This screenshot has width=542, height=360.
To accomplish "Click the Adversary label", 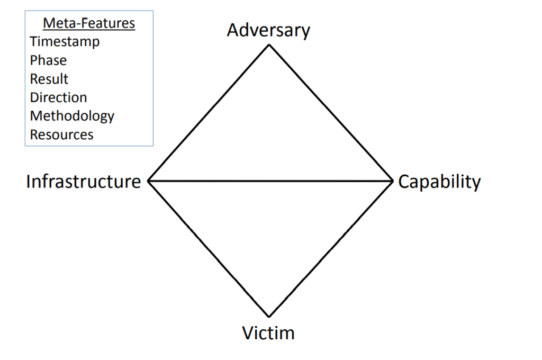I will pos(268,30).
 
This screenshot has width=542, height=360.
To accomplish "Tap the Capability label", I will pos(439,182).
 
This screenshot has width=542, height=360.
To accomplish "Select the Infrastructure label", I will pos(84,182).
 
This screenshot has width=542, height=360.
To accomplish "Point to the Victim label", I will pos(268,333).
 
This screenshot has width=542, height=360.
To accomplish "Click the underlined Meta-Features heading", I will pos(89,23).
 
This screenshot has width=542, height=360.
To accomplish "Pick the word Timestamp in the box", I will pos(65,42).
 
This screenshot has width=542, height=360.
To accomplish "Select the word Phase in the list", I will pos(48,60).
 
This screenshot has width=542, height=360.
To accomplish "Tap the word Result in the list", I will pos(49,79).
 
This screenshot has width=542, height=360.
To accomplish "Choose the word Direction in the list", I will pos(58,97).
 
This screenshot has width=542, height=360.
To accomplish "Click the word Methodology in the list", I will pos(72,116).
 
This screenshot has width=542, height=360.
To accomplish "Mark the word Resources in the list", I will pos(61,134).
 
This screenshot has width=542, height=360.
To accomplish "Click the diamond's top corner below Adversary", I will pos(269,45).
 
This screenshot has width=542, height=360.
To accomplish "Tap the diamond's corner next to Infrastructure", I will pos(148,181).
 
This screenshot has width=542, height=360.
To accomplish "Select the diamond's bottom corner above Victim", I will pos(269,317).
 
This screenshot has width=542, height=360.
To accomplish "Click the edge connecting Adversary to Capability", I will pos(330,113).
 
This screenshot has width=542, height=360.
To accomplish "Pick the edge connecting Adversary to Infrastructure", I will pos(209,113).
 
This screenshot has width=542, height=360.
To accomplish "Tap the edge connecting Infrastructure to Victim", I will pos(209,249).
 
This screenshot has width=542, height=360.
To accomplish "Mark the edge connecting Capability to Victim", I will pos(330,249).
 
